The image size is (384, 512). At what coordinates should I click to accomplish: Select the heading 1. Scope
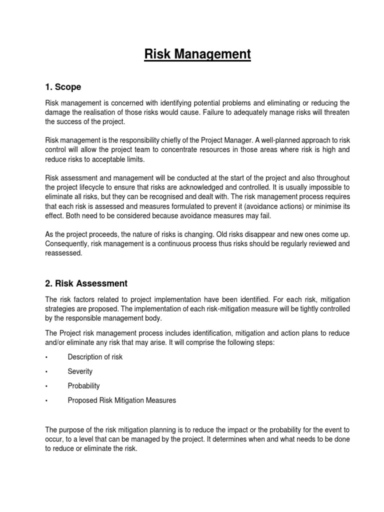tap(63, 87)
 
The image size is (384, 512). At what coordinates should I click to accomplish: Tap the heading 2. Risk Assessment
tap(86, 283)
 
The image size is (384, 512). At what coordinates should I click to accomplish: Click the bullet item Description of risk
tap(95, 357)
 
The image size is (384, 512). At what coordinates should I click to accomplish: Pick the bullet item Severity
tap(80, 371)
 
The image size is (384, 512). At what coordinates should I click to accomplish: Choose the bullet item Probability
tap(83, 386)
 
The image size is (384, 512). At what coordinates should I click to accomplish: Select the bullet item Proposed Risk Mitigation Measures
tap(122, 400)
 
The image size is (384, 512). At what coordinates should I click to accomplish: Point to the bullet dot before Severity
tap(46, 372)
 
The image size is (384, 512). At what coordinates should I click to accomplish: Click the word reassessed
tap(64, 253)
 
